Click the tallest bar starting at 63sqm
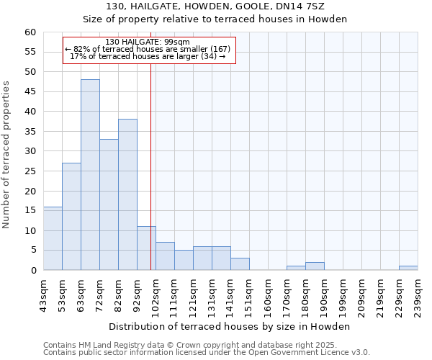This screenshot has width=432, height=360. coord(90,175)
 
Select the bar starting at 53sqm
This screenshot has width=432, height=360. coord(71,217)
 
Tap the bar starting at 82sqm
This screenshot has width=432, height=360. coord(127,194)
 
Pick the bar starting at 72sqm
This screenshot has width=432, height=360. coord(109,204)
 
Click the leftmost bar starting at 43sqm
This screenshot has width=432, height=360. coord(53,238)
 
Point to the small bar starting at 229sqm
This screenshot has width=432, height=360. coord(408,269)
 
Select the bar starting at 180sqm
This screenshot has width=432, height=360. coord(315,266)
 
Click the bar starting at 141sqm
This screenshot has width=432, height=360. coord(240,264)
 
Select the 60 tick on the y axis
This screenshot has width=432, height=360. coord(30,32)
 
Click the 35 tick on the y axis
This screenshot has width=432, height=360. coord(30,132)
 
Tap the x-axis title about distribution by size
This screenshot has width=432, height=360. coord(229,326)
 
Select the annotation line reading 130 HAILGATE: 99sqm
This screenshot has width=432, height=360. coord(148,42)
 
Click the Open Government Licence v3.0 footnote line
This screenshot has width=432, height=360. coord(207,352)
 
